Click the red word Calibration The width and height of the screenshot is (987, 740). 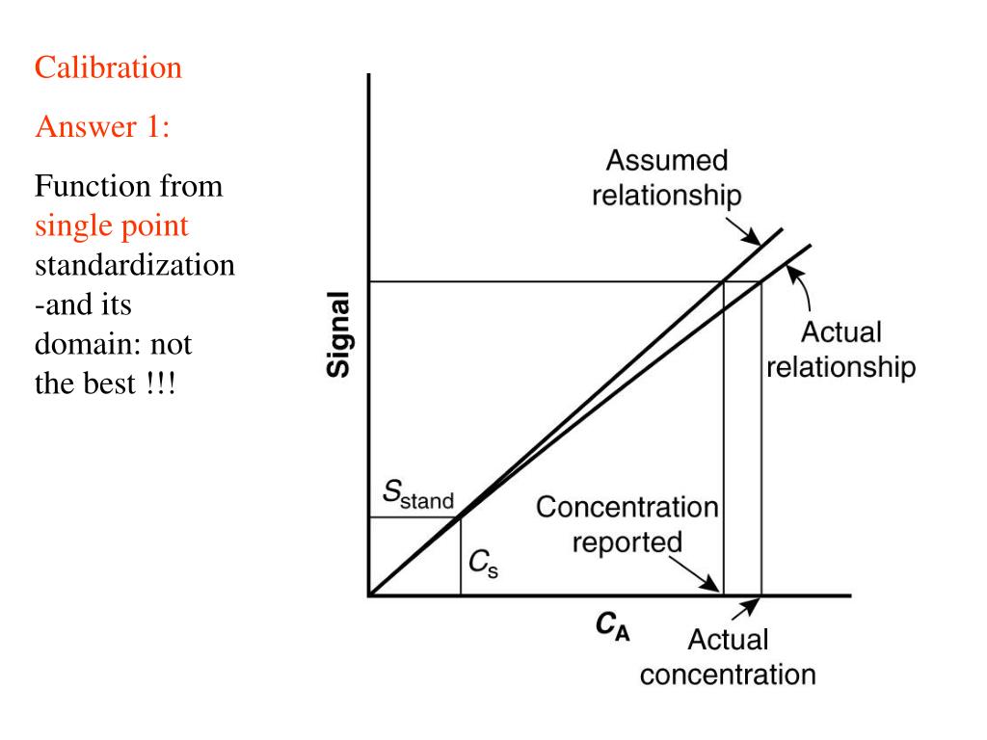(108, 68)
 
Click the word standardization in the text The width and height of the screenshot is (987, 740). (135, 265)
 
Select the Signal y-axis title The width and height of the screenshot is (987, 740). (338, 336)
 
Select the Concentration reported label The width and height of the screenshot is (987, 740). (627, 524)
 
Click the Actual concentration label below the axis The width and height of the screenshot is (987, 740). (728, 656)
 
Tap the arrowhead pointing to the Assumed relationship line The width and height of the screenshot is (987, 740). (751, 237)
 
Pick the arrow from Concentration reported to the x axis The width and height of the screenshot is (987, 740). (700, 575)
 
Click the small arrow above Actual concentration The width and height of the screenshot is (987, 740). (744, 610)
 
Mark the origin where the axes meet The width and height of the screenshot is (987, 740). (369, 595)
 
